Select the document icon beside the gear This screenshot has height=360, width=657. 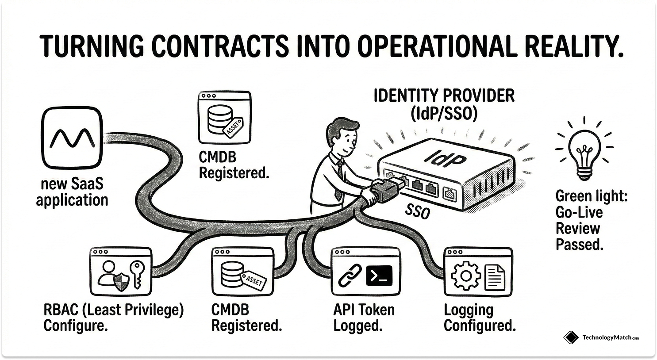pyautogui.click(x=495, y=276)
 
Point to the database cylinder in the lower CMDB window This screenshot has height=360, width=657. pyautogui.click(x=231, y=274)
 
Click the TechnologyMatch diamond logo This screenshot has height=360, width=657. pyautogui.click(x=571, y=337)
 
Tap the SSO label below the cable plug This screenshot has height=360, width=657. pyautogui.click(x=417, y=212)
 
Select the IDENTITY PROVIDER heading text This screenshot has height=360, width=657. pyautogui.click(x=444, y=96)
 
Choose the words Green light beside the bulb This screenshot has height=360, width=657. pyautogui.click(x=591, y=196)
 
